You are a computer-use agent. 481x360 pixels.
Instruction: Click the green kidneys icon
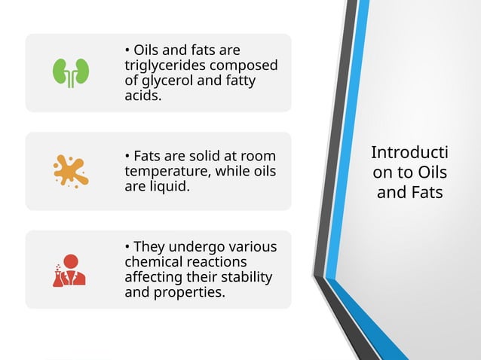coord(71,72)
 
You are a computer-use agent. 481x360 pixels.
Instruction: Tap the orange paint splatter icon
coord(70,171)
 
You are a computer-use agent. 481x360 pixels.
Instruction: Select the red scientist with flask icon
coord(69,270)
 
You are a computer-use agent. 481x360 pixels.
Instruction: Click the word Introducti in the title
coord(409,153)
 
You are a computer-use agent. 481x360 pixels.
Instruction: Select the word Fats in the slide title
coord(426,193)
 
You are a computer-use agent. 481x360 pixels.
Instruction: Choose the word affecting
coord(155,277)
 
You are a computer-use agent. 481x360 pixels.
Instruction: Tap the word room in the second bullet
coord(271,156)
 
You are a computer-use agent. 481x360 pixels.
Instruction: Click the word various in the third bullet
coord(250,247)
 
